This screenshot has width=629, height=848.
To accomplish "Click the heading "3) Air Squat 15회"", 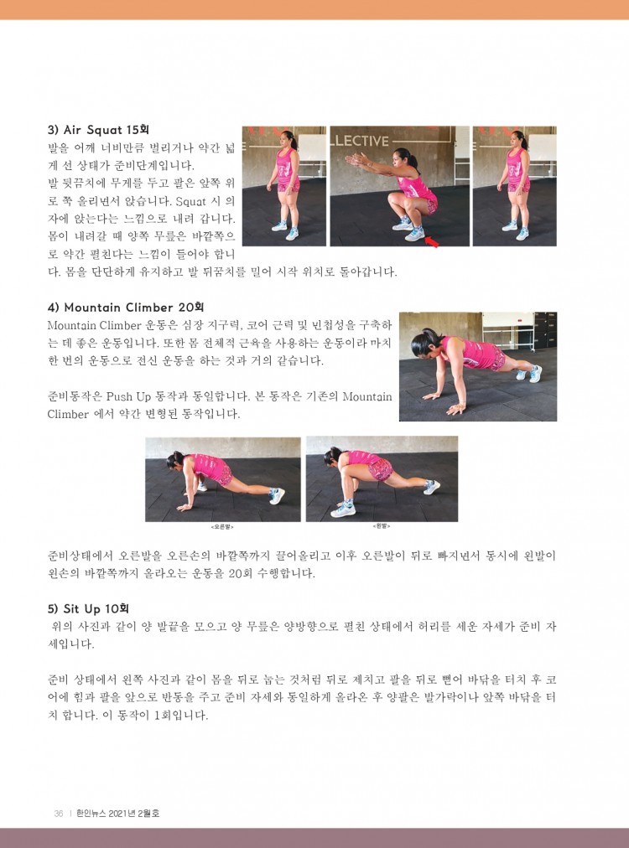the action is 98,130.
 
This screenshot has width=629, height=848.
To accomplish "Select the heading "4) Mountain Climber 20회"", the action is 126,308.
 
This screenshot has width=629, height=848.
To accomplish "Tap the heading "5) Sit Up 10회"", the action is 88,609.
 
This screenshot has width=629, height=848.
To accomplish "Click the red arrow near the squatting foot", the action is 431,240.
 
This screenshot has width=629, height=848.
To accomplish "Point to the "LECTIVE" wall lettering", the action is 361,141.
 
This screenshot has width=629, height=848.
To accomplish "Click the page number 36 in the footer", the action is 59,814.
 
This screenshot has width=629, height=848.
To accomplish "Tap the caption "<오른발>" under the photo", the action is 222,526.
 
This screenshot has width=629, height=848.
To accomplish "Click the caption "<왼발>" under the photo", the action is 381,525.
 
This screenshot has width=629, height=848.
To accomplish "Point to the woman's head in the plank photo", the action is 424,345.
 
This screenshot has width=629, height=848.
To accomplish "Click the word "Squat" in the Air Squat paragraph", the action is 191,202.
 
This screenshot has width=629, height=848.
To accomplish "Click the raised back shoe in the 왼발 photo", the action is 431,487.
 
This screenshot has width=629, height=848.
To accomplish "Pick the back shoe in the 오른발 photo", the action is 277,495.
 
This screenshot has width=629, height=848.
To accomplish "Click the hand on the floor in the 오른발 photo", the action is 184,507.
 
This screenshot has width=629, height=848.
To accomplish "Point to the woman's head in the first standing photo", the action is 288,139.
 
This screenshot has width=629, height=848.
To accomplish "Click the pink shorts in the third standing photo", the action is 518,187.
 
